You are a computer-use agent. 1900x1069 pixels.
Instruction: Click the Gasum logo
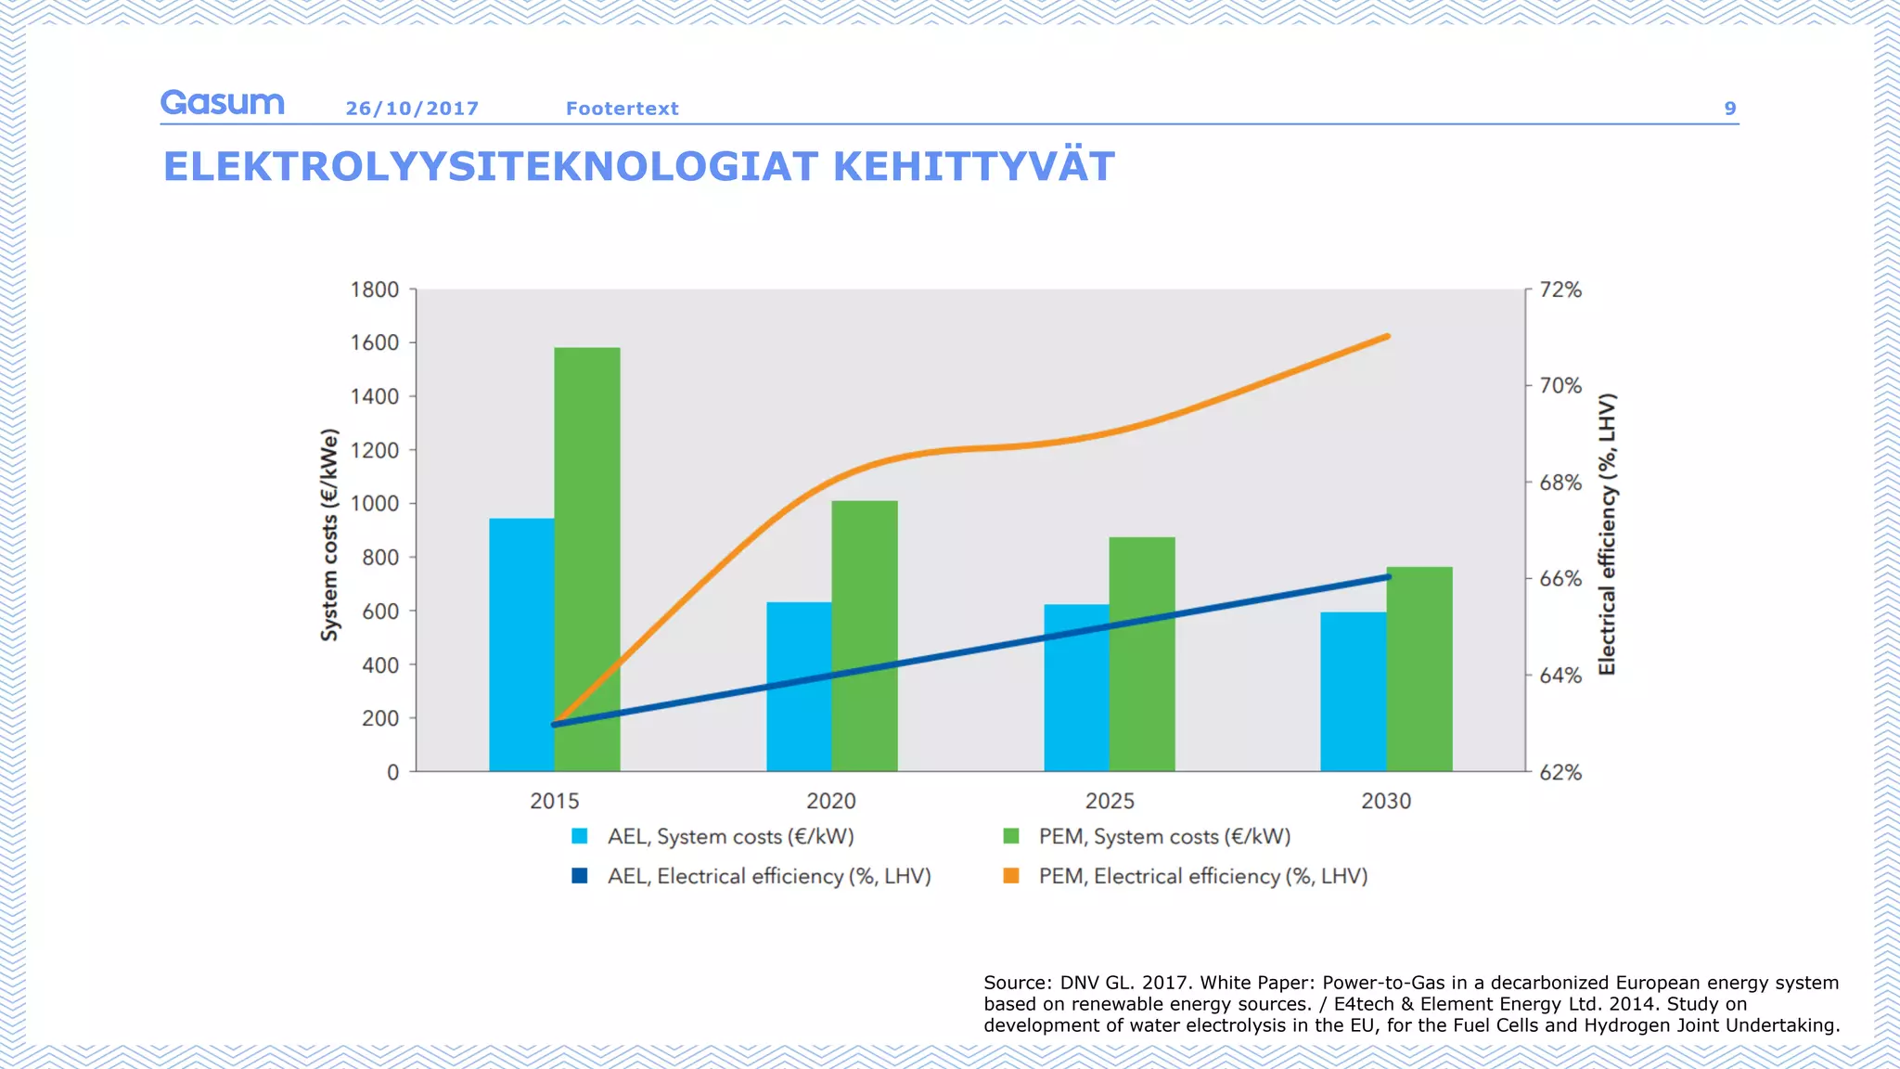pos(222,103)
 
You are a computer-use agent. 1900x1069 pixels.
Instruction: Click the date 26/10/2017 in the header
pos(412,109)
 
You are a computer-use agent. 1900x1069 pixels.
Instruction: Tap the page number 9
pos(1730,109)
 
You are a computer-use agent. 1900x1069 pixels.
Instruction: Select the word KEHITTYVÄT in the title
pos(973,167)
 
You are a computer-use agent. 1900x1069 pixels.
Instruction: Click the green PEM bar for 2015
pos(587,557)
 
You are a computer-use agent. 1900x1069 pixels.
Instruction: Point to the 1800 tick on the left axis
pos(375,290)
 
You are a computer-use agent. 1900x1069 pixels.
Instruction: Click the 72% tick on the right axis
pos(1560,290)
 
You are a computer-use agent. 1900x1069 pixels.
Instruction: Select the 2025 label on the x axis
pos(1110,801)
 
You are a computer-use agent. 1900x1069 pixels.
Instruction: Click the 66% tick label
pos(1560,579)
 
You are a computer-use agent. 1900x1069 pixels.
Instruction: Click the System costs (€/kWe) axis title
pos(329,534)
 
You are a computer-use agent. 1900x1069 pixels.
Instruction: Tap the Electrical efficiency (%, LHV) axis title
pos(1607,534)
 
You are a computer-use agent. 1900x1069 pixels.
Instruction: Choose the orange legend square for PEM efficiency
pos(1011,876)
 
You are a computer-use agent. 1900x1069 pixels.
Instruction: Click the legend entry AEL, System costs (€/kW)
pos(730,836)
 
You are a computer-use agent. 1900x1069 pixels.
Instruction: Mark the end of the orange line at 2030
pos(1387,337)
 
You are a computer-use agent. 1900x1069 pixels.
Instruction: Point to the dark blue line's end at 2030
pos(1388,577)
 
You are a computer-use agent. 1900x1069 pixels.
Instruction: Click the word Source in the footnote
pos(1016,983)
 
